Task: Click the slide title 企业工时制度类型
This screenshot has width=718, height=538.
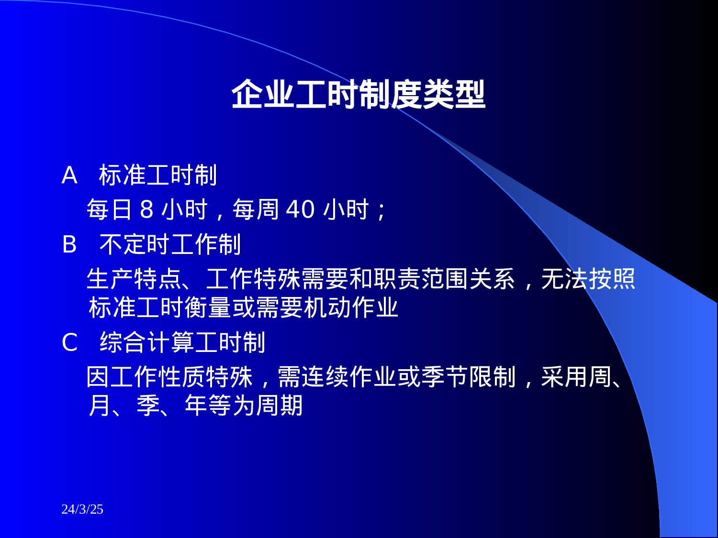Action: pyautogui.click(x=358, y=94)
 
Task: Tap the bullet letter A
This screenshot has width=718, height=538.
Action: pyautogui.click(x=69, y=176)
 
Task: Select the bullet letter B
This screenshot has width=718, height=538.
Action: pyautogui.click(x=69, y=245)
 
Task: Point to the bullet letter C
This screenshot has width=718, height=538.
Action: pyautogui.click(x=70, y=342)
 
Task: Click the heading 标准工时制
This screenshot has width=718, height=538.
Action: pyautogui.click(x=158, y=175)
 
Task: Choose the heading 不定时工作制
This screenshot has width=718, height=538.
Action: pyautogui.click(x=170, y=244)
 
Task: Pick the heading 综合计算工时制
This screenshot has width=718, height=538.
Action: pyautogui.click(x=182, y=342)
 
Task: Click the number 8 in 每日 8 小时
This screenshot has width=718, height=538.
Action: pyautogui.click(x=146, y=209)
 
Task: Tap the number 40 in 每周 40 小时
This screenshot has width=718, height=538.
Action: pyautogui.click(x=300, y=209)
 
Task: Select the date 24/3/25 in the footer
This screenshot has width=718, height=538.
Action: pyautogui.click(x=82, y=509)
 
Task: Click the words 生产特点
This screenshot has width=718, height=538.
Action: pyautogui.click(x=134, y=279)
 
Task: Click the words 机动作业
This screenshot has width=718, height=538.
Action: pyautogui.click(x=351, y=307)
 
